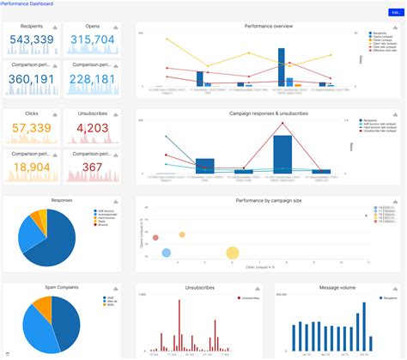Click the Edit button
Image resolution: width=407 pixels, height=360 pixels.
(x=394, y=12)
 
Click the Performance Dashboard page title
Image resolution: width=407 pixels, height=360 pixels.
(x=27, y=4)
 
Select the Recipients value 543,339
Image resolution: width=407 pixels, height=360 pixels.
(x=32, y=40)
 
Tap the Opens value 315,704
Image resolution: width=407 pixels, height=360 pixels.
(x=92, y=40)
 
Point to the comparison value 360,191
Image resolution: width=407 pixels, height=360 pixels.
(x=32, y=79)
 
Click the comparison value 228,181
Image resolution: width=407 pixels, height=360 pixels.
(x=92, y=79)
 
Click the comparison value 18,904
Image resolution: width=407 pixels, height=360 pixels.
(x=32, y=167)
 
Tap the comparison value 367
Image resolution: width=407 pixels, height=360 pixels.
(x=92, y=167)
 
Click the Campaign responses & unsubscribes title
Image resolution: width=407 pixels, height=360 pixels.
(x=268, y=113)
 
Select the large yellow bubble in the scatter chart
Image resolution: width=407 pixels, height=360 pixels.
(x=232, y=253)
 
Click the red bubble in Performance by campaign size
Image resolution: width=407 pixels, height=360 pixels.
(x=155, y=237)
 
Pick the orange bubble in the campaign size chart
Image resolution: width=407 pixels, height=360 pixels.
(x=182, y=234)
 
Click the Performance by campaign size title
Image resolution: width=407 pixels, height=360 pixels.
(x=268, y=200)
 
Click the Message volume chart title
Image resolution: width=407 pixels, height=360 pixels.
(x=334, y=287)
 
